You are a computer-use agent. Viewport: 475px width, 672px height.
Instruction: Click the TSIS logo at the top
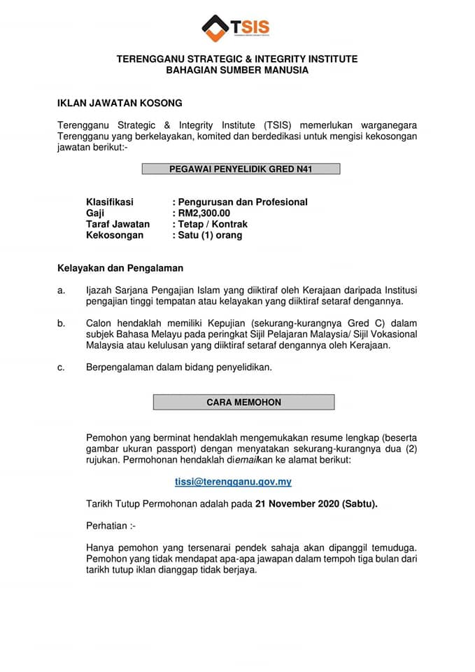tap(236, 29)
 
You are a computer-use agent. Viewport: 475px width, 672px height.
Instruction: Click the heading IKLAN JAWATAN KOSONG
tap(120, 103)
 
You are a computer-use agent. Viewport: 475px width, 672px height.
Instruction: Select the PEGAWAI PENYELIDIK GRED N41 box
tap(241, 169)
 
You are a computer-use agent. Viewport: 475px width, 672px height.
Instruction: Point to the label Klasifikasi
tap(109, 202)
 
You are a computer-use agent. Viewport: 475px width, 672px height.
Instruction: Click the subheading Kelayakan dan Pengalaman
tap(120, 267)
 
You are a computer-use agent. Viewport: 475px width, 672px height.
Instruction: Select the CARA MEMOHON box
tap(243, 402)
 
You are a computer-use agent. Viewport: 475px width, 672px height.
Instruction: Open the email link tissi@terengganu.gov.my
tap(233, 482)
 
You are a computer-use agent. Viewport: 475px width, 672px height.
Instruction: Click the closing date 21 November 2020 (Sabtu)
tap(316, 503)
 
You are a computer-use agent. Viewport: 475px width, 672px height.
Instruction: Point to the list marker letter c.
tap(61, 367)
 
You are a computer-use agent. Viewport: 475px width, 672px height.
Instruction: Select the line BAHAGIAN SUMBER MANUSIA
tap(237, 70)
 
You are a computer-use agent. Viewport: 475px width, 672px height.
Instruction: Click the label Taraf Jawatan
tap(118, 224)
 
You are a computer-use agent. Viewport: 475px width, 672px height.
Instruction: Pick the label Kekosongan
tap(115, 235)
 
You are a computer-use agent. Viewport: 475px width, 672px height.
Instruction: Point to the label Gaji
tap(94, 213)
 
